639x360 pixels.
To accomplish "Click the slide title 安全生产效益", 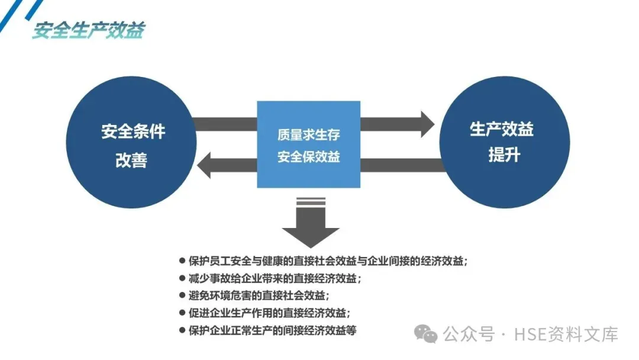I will click(x=88, y=30).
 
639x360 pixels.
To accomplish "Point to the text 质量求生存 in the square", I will click(x=308, y=134).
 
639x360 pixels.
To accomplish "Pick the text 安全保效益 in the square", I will click(x=308, y=157).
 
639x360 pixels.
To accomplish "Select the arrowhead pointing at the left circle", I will click(x=205, y=165).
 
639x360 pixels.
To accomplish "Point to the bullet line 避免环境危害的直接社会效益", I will click(x=258, y=295).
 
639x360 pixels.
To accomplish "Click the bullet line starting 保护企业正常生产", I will click(x=272, y=330).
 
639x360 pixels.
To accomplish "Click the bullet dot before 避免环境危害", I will click(x=182, y=295).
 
